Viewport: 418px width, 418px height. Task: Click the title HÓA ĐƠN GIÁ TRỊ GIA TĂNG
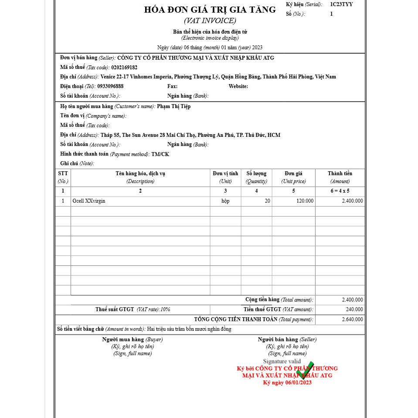coord(210,10)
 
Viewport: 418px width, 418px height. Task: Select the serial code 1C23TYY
coord(341,4)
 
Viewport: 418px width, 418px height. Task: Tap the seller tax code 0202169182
coord(124,68)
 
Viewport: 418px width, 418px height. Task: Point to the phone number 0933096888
coord(110,86)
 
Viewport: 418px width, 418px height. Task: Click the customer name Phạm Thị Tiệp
coord(173,106)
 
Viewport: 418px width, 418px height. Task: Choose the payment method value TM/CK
coord(160,154)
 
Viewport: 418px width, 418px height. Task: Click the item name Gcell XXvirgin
coord(89,201)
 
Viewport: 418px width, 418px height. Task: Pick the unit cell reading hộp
coord(225,201)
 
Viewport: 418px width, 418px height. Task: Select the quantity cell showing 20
coord(267,201)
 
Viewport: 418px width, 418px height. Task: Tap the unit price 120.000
coord(304,201)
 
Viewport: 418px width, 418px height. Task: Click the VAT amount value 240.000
coord(354,309)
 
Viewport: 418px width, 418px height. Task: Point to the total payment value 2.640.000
coord(352,319)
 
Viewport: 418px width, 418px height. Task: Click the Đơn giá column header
coord(293,173)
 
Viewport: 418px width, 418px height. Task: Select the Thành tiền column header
coord(340,173)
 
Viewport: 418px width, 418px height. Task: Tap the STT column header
coord(63,173)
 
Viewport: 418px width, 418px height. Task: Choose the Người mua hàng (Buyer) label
coord(133,340)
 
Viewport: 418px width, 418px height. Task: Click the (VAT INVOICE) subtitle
coord(210,20)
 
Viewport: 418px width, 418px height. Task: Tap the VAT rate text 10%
coord(165,309)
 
